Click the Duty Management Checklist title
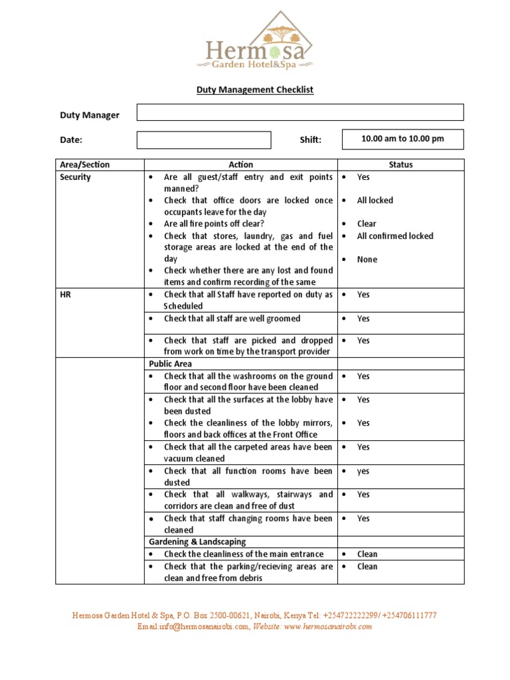(254, 89)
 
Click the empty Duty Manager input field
(300, 112)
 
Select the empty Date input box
(204, 140)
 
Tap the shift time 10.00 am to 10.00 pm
(402, 139)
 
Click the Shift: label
(310, 140)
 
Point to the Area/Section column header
(85, 165)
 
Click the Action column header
(240, 165)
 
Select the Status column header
(400, 165)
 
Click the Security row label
(75, 177)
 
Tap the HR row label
(66, 294)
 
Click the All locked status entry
(375, 201)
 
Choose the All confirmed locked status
(394, 236)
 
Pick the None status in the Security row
(367, 260)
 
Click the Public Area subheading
(171, 364)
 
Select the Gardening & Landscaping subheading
(197, 542)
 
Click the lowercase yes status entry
(363, 471)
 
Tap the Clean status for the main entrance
(367, 554)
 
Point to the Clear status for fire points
(366, 224)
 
